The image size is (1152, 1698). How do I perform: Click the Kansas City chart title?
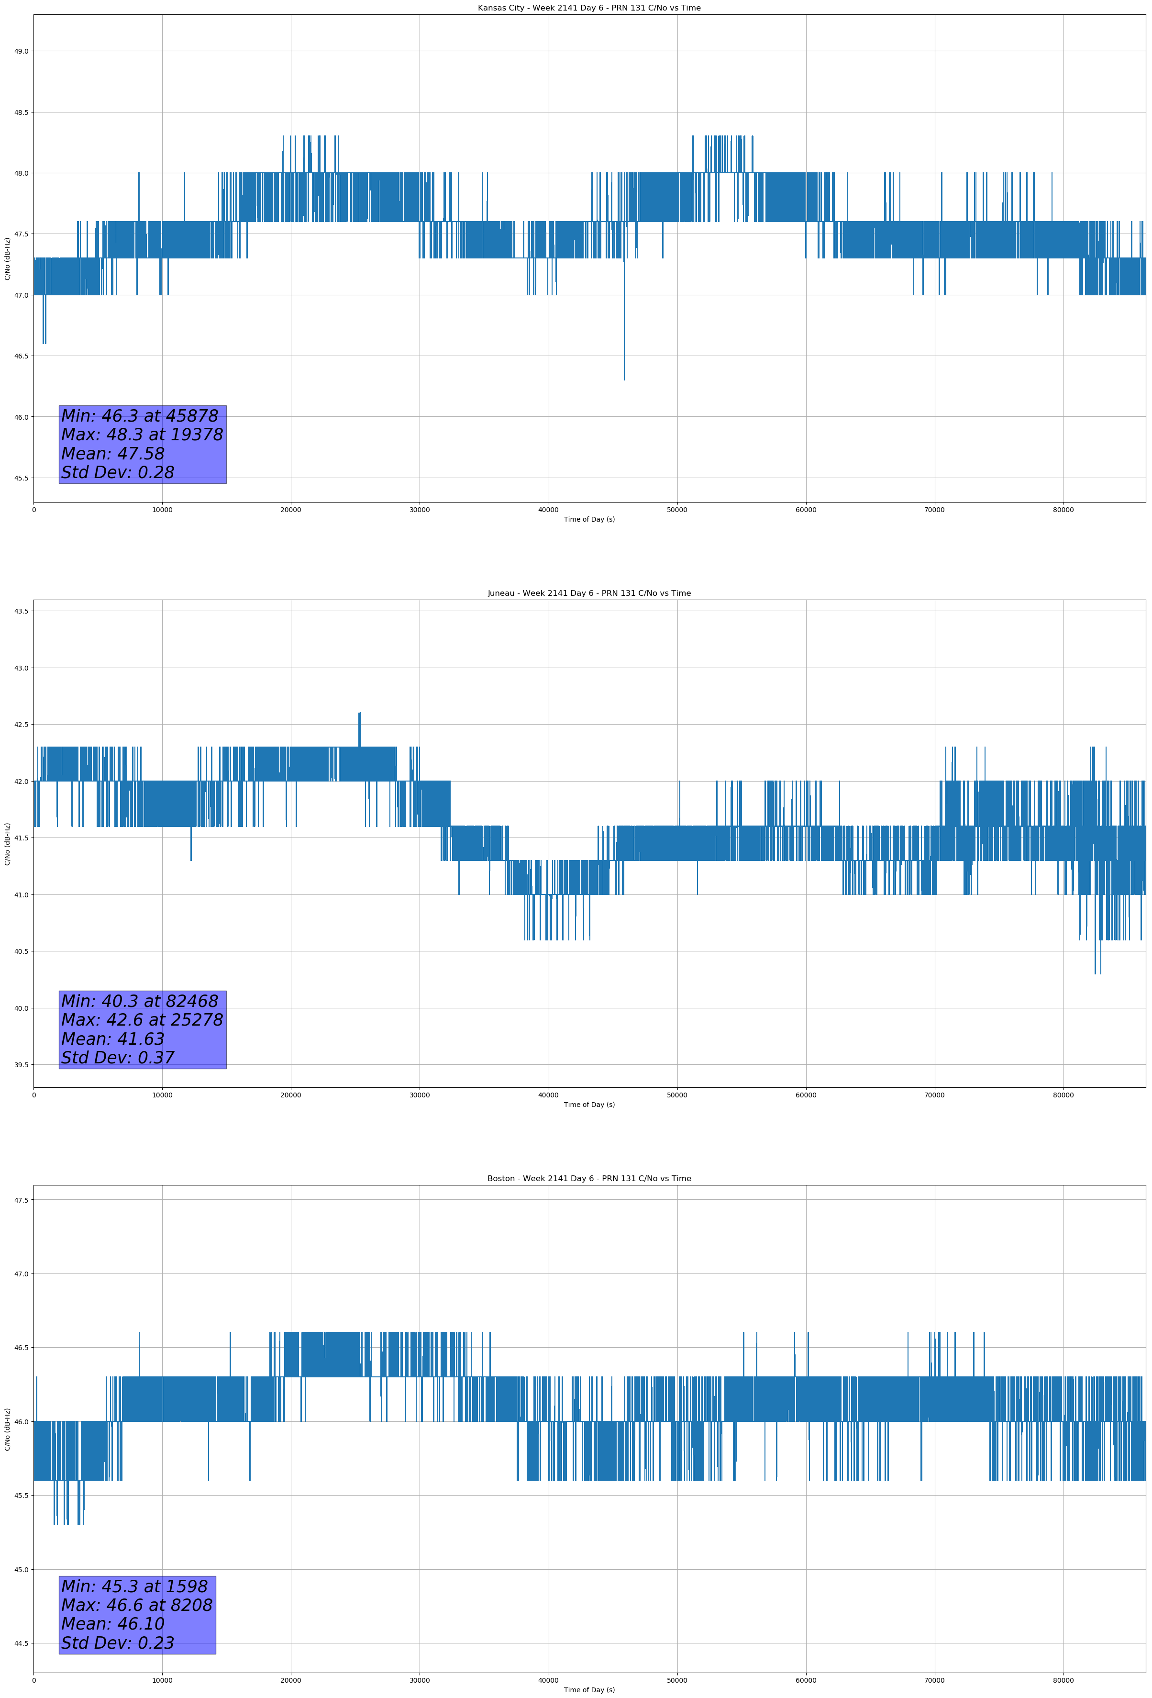click(x=589, y=8)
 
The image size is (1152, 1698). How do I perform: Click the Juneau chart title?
click(x=589, y=593)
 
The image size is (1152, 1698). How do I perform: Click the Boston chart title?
click(x=589, y=1179)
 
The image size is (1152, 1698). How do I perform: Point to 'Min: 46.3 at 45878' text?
click(x=140, y=416)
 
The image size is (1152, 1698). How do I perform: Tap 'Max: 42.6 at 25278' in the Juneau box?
click(x=142, y=1020)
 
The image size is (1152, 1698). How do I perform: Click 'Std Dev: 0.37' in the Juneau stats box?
click(x=118, y=1058)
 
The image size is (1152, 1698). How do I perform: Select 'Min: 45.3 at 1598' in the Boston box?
click(x=134, y=1586)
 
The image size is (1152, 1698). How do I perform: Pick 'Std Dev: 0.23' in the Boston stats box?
click(x=118, y=1643)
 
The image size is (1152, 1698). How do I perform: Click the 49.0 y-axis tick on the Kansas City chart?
click(x=21, y=51)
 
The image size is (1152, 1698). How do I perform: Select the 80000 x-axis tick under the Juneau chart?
click(x=1063, y=1095)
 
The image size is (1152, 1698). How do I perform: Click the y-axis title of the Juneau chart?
click(x=7, y=844)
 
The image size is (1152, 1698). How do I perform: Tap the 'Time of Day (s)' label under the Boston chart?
click(x=589, y=1690)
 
